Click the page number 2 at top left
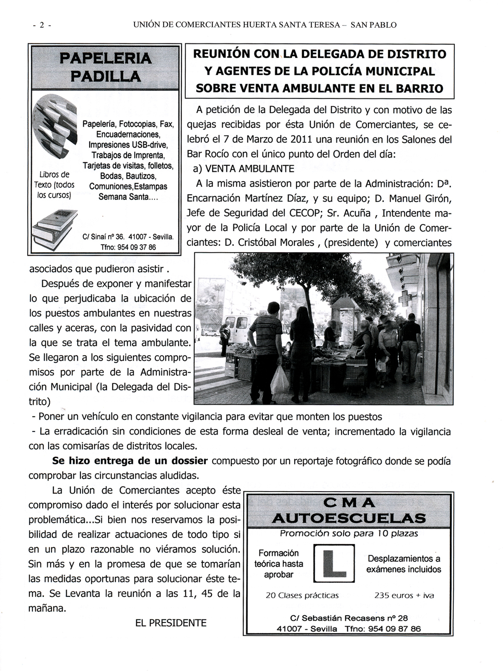[x=41, y=25]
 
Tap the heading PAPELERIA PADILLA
[x=105, y=67]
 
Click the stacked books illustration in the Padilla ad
[x=55, y=229]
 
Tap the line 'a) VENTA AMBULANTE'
[x=244, y=169]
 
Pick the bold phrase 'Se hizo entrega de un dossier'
[x=130, y=461]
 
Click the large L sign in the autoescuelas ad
[x=334, y=563]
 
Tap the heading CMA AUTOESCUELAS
[x=349, y=510]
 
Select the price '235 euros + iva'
[x=404, y=595]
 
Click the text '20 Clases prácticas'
[x=302, y=595]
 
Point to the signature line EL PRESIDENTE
[x=171, y=623]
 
